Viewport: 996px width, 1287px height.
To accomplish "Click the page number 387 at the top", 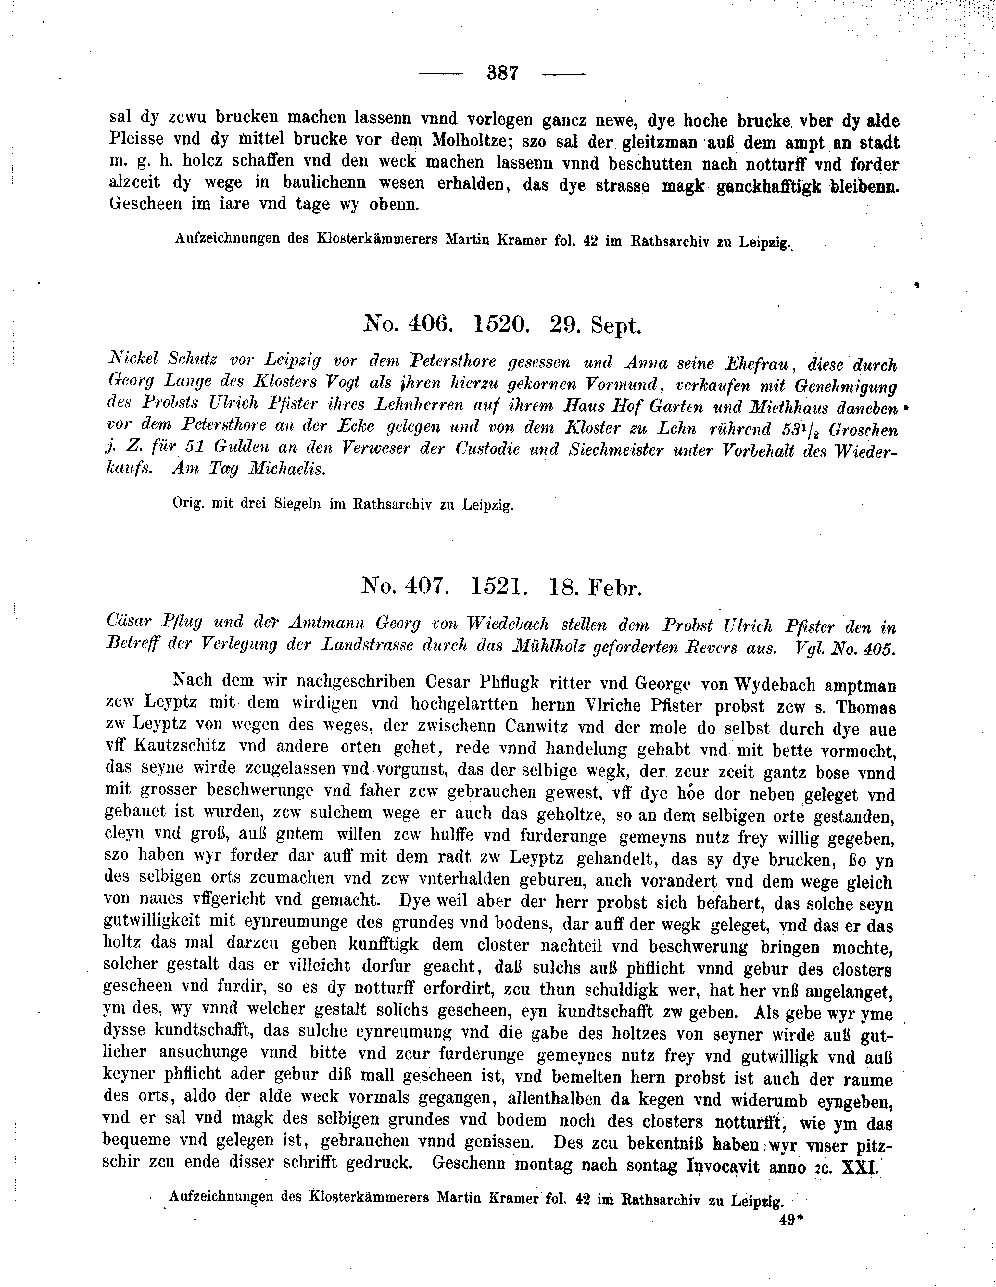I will point(502,73).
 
